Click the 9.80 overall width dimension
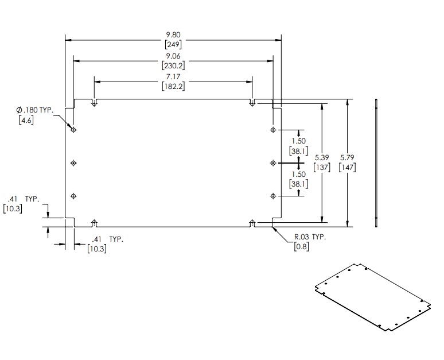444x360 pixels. pyautogui.click(x=173, y=35)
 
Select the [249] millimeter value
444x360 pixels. pyautogui.click(x=173, y=44)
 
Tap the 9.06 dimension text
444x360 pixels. pyautogui.click(x=173, y=56)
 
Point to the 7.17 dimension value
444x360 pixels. pyautogui.click(x=173, y=76)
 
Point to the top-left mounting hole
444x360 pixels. pyautogui.click(x=74, y=130)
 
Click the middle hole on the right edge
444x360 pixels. pyautogui.click(x=273, y=164)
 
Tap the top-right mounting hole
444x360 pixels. pyautogui.click(x=273, y=130)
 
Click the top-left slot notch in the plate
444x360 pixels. pyautogui.click(x=95, y=103)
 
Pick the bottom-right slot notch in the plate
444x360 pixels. pyautogui.click(x=252, y=222)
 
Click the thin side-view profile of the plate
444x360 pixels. pyautogui.click(x=376, y=163)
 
